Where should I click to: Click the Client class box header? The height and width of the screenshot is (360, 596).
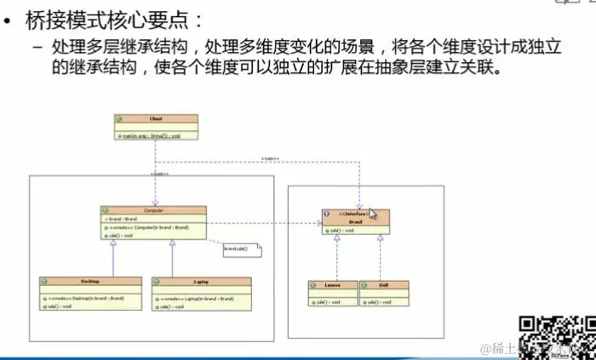pos(154,119)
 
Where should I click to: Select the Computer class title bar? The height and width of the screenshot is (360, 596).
pos(153,209)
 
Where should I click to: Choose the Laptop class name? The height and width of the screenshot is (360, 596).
pos(201,281)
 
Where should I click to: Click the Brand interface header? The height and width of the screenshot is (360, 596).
pos(355,217)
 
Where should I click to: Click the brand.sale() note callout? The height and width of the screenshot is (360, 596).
pos(238,249)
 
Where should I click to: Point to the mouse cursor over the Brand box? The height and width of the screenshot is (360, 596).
pos(372,214)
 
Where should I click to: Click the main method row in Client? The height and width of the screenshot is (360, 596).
pos(154,134)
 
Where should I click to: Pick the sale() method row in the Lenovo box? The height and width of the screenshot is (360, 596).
pos(329,301)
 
